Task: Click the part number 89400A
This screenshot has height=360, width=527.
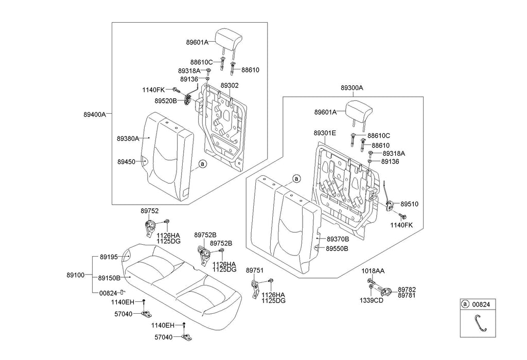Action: pos(95,115)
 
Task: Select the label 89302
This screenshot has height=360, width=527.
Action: pos(229,85)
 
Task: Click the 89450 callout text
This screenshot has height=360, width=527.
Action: pos(126,161)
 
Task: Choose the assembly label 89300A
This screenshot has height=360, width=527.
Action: pos(352,88)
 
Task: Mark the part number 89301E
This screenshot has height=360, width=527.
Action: pos(325,133)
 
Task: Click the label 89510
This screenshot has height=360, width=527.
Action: pos(410,204)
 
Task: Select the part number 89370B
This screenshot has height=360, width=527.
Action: pos(338,239)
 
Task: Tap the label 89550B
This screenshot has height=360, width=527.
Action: pos(338,248)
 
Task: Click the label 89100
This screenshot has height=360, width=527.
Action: pos(75,275)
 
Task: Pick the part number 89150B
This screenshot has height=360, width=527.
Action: pos(109,278)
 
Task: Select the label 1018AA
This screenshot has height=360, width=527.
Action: pos(373,271)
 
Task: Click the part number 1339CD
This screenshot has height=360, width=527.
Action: pos(371,300)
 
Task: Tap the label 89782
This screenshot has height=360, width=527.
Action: pos(407,290)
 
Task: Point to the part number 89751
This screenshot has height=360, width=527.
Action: pos(255,270)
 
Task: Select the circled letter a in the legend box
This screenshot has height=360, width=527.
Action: pos(465,304)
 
